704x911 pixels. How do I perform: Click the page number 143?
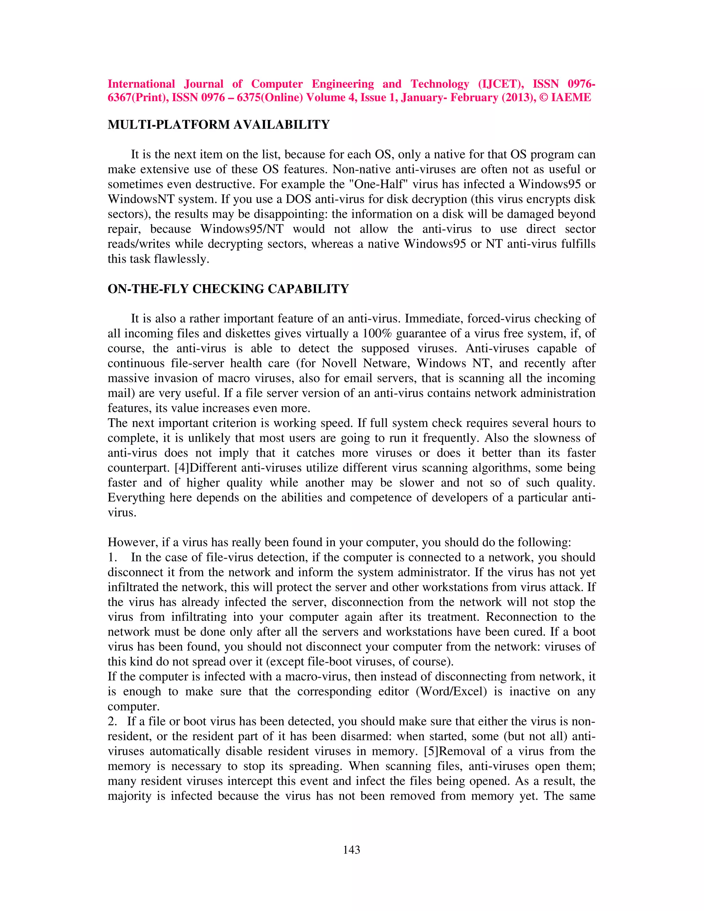(x=351, y=850)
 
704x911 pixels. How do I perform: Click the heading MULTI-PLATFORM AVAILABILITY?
(x=219, y=125)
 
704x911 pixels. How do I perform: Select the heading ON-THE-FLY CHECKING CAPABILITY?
(x=228, y=289)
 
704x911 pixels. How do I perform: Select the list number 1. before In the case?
(x=112, y=558)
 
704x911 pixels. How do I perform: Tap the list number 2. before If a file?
(x=112, y=722)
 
